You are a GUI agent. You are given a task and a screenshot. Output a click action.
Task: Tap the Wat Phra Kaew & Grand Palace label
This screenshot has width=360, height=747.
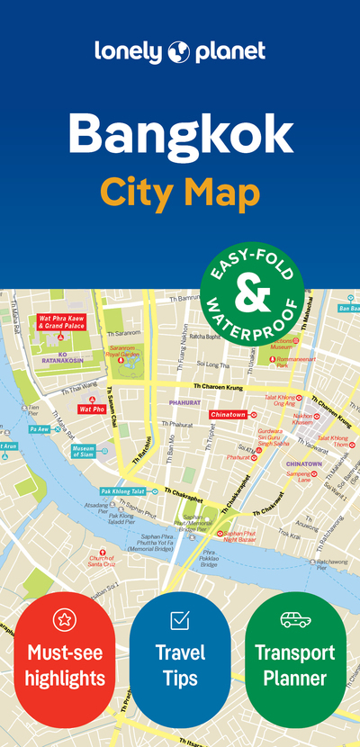(x=60, y=321)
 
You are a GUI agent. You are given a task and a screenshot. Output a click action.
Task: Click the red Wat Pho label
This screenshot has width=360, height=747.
(x=92, y=409)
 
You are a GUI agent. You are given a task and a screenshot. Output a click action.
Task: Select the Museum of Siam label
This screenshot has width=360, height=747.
(x=84, y=450)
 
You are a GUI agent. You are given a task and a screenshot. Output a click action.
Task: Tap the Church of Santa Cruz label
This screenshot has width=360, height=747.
(x=101, y=562)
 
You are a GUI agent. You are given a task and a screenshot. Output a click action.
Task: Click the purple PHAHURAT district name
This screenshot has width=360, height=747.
(x=184, y=403)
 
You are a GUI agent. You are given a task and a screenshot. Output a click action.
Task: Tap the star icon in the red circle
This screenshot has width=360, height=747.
(x=64, y=618)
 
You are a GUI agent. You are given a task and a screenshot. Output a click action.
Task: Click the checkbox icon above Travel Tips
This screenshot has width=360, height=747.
(x=180, y=619)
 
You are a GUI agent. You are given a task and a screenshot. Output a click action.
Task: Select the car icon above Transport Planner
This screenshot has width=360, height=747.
(x=295, y=619)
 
